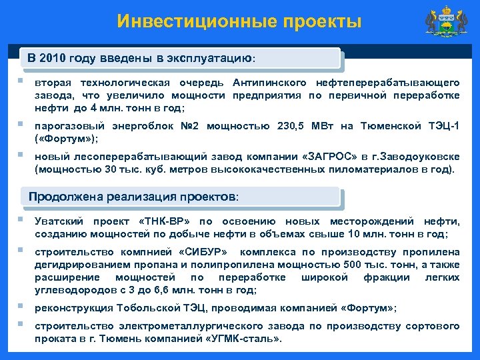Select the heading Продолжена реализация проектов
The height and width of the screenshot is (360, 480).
[133, 197]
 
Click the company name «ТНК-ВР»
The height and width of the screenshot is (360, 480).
[162, 221]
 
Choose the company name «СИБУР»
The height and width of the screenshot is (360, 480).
[203, 252]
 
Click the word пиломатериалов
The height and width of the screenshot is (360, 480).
[377, 169]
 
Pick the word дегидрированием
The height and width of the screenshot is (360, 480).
[78, 265]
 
